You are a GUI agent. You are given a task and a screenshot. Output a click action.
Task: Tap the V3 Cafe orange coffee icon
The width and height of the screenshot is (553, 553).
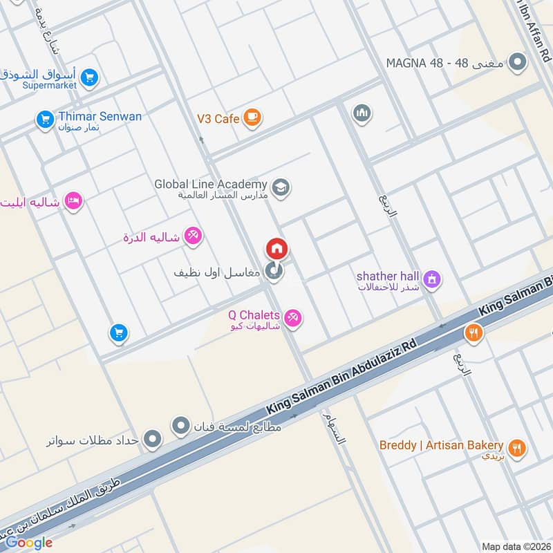pyautogui.click(x=252, y=118)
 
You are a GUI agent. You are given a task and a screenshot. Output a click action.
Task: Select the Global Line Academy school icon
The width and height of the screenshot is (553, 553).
pyautogui.click(x=281, y=187)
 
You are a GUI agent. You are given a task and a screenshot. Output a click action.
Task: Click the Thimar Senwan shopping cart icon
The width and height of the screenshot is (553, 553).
pyautogui.click(x=45, y=120)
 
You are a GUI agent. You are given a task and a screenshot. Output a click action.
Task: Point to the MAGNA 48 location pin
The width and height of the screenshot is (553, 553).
pyautogui.click(x=516, y=64)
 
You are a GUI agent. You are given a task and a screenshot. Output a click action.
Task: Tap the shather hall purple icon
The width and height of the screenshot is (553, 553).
pyautogui.click(x=433, y=279)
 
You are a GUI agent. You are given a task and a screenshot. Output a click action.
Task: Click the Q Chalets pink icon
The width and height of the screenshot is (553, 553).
pyautogui.click(x=293, y=318)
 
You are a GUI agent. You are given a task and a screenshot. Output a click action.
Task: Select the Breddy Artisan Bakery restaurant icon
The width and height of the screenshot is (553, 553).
pyautogui.click(x=516, y=448)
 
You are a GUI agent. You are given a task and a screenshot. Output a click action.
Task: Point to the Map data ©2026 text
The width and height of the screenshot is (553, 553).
pyautogui.click(x=516, y=545)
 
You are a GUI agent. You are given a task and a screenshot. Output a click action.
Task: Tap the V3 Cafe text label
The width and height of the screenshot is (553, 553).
pyautogui.click(x=218, y=119)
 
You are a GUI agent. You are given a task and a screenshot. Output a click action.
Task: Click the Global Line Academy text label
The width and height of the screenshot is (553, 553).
pyautogui.click(x=210, y=185)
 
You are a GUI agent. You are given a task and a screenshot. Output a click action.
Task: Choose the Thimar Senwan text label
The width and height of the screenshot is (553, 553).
pyautogui.click(x=100, y=116)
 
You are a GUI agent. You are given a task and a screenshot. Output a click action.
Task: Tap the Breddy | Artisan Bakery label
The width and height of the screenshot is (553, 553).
pyautogui.click(x=441, y=445)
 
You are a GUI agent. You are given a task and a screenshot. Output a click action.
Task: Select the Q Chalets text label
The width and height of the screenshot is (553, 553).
pyautogui.click(x=254, y=316)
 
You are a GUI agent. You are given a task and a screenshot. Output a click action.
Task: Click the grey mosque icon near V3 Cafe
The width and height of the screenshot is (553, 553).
pyautogui.click(x=362, y=113)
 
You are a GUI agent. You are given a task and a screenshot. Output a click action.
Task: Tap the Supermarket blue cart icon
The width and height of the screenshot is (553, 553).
pyautogui.click(x=88, y=79)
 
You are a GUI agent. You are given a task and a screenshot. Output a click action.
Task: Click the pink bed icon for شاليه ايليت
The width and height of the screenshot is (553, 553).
pyautogui.click(x=73, y=201)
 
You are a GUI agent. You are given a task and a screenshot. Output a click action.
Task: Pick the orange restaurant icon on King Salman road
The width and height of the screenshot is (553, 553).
pyautogui.click(x=473, y=332)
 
